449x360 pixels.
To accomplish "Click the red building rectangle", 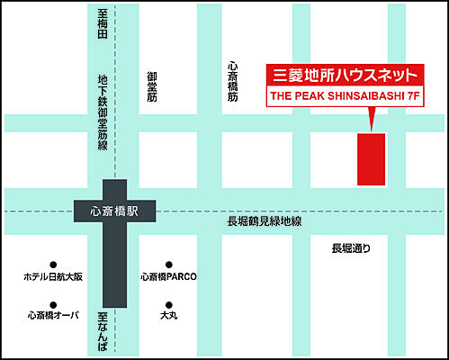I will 371,158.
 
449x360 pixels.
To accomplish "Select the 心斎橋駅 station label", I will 114,211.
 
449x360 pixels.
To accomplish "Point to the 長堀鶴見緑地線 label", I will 264,222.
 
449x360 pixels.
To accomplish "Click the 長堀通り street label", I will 351,248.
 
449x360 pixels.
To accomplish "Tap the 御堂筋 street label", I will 152,88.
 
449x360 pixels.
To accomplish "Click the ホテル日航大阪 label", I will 53,277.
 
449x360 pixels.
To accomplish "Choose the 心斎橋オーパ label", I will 53,316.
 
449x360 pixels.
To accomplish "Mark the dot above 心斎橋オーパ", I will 53,303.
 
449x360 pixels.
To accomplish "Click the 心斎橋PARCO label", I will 168,277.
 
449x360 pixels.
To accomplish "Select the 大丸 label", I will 168,316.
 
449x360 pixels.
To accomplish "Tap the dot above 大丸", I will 168,303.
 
